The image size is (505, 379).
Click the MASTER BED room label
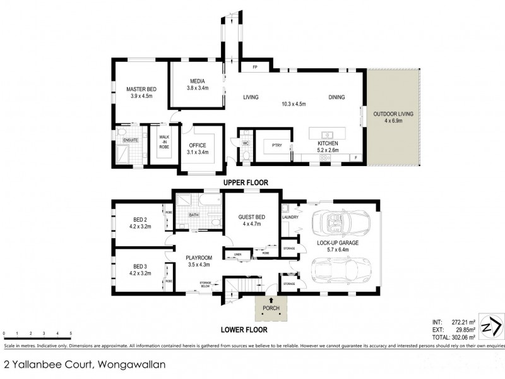tap(137, 89)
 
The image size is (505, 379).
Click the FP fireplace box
tap(256, 67)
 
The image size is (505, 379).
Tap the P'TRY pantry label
tap(276, 144)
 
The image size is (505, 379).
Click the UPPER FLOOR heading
tap(246, 183)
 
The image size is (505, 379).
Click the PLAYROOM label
tap(198, 258)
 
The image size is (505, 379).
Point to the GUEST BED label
tap(251, 217)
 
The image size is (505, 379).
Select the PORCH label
tap(270, 308)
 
